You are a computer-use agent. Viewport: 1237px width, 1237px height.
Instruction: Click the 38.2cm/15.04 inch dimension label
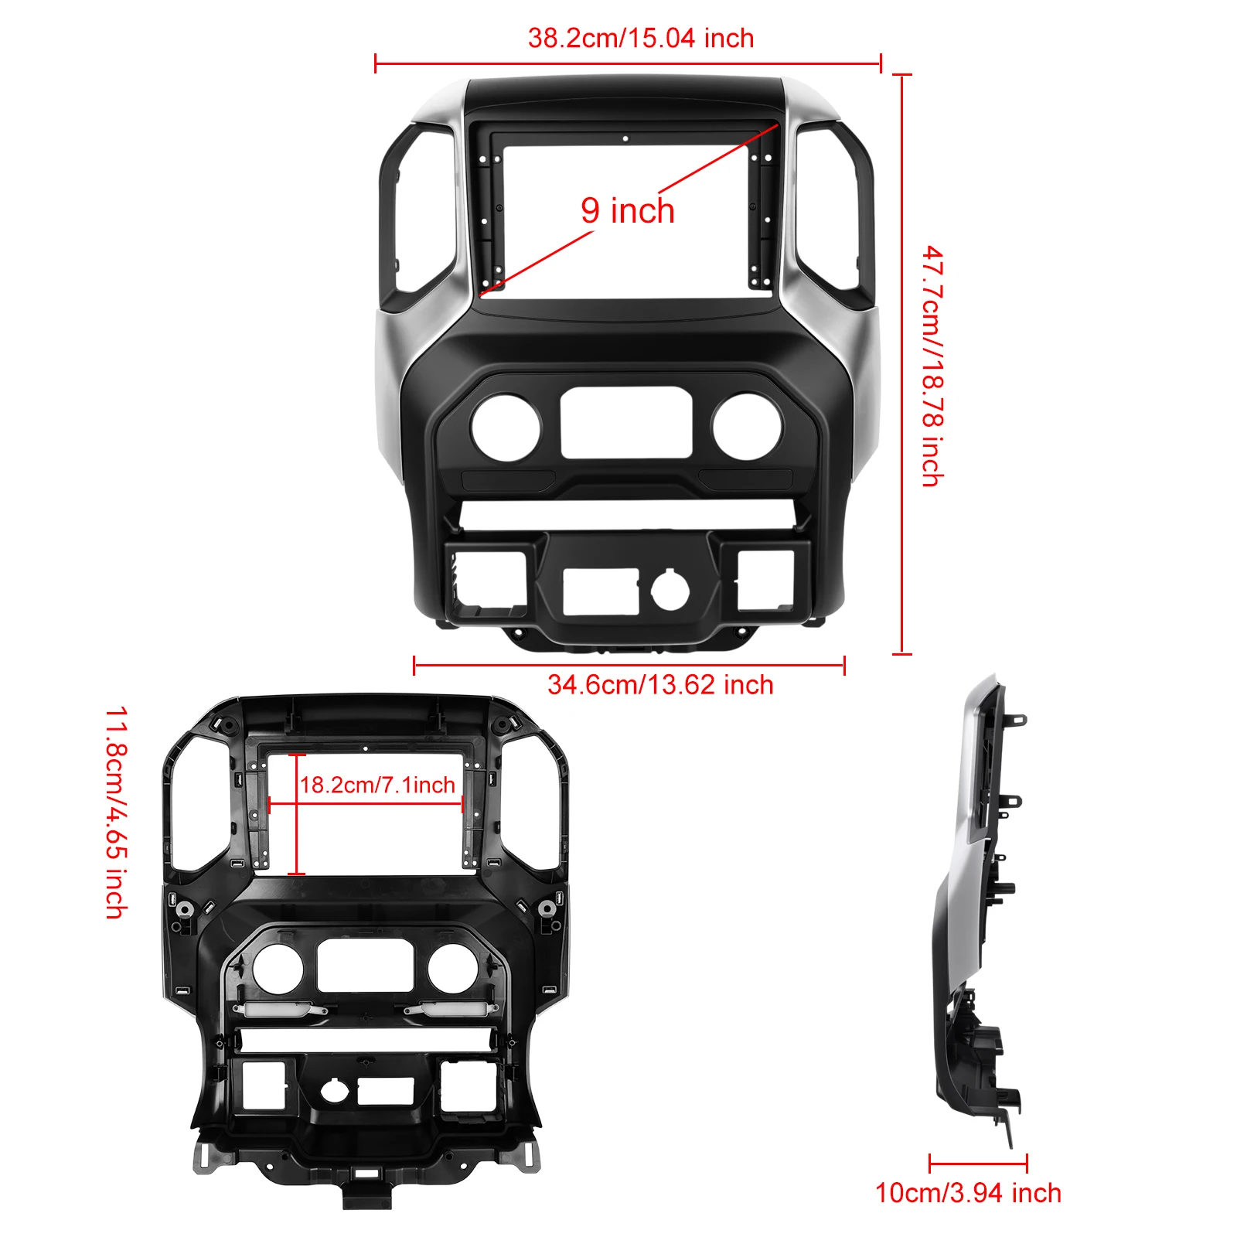pyautogui.click(x=641, y=38)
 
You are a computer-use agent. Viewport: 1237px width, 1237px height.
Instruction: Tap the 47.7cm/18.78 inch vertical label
pyautogui.click(x=932, y=366)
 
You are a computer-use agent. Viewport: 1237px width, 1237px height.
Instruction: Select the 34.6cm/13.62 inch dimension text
pyautogui.click(x=660, y=684)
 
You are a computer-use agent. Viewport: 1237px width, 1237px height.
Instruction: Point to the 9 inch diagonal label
pyautogui.click(x=628, y=210)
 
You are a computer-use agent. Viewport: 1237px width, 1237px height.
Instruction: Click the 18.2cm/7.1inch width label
pyautogui.click(x=377, y=785)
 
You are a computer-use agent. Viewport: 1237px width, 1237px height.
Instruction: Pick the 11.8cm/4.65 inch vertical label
pyautogui.click(x=116, y=812)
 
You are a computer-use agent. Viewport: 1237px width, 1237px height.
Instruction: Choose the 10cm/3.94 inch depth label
pyautogui.click(x=968, y=1193)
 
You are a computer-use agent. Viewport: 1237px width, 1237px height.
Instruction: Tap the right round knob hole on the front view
pyautogui.click(x=747, y=427)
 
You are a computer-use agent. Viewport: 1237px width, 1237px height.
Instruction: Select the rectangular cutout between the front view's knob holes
pyautogui.click(x=626, y=423)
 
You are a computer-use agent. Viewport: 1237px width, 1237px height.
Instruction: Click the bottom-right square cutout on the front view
pyautogui.click(x=765, y=580)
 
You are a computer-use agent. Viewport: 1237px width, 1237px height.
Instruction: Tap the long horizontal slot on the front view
pyautogui.click(x=626, y=515)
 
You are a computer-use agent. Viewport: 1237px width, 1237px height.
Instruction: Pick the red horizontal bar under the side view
pyautogui.click(x=978, y=1162)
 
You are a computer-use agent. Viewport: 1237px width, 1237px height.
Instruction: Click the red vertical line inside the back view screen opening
pyautogui.click(x=297, y=815)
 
